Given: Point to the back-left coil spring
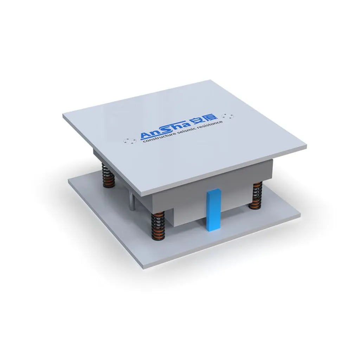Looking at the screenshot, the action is [x=108, y=175].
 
